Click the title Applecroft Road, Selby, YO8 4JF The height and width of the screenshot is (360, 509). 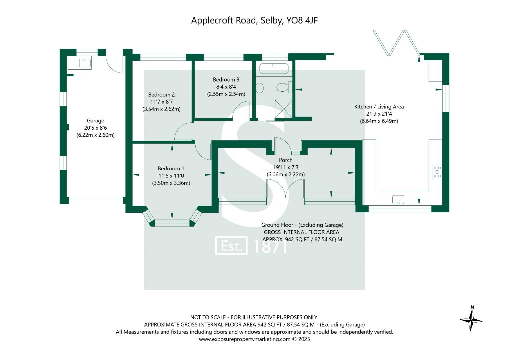click(x=254, y=20)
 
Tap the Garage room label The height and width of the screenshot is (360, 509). click(x=95, y=121)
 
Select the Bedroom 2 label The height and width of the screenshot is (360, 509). click(x=161, y=95)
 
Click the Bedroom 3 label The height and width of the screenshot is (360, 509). click(x=226, y=80)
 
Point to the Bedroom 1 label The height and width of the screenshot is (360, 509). click(x=171, y=169)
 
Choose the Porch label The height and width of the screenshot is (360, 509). click(x=286, y=160)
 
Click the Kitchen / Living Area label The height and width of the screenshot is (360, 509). click(x=379, y=107)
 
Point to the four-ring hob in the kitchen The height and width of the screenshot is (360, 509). click(x=437, y=172)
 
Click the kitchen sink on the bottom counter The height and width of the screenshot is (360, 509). click(x=398, y=200)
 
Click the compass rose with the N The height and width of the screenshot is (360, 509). click(x=471, y=319)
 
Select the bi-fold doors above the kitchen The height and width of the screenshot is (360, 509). click(x=397, y=43)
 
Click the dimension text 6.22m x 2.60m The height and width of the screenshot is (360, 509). click(x=95, y=135)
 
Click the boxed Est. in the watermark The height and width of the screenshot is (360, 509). click(x=231, y=246)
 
